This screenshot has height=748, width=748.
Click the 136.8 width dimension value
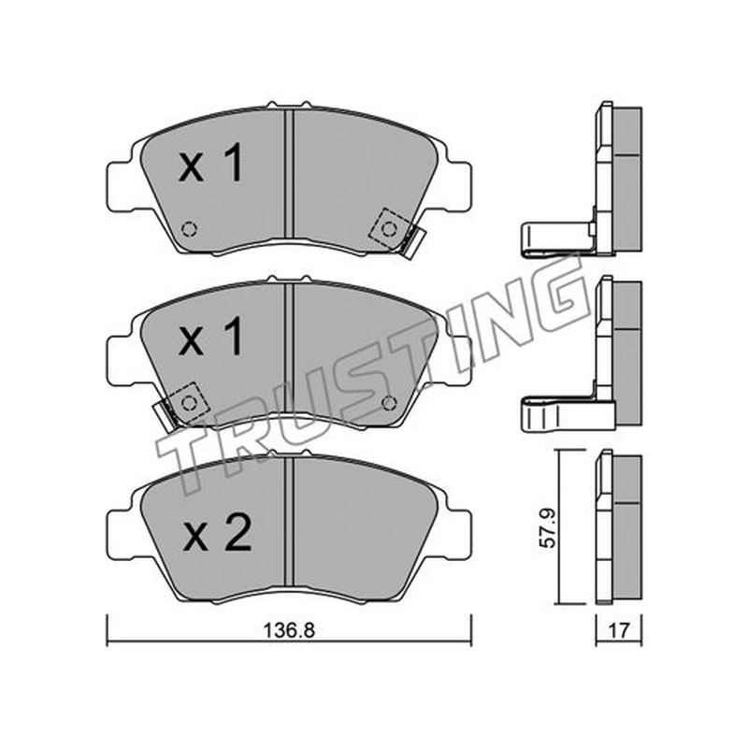point(290,630)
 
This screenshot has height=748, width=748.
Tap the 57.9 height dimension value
point(547,528)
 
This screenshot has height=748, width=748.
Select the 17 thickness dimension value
point(619,630)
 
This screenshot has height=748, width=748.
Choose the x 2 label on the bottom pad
point(218,533)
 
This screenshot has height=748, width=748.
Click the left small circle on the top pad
point(190,229)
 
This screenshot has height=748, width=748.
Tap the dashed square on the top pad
point(389,229)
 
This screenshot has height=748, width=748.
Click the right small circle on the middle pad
point(389,403)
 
